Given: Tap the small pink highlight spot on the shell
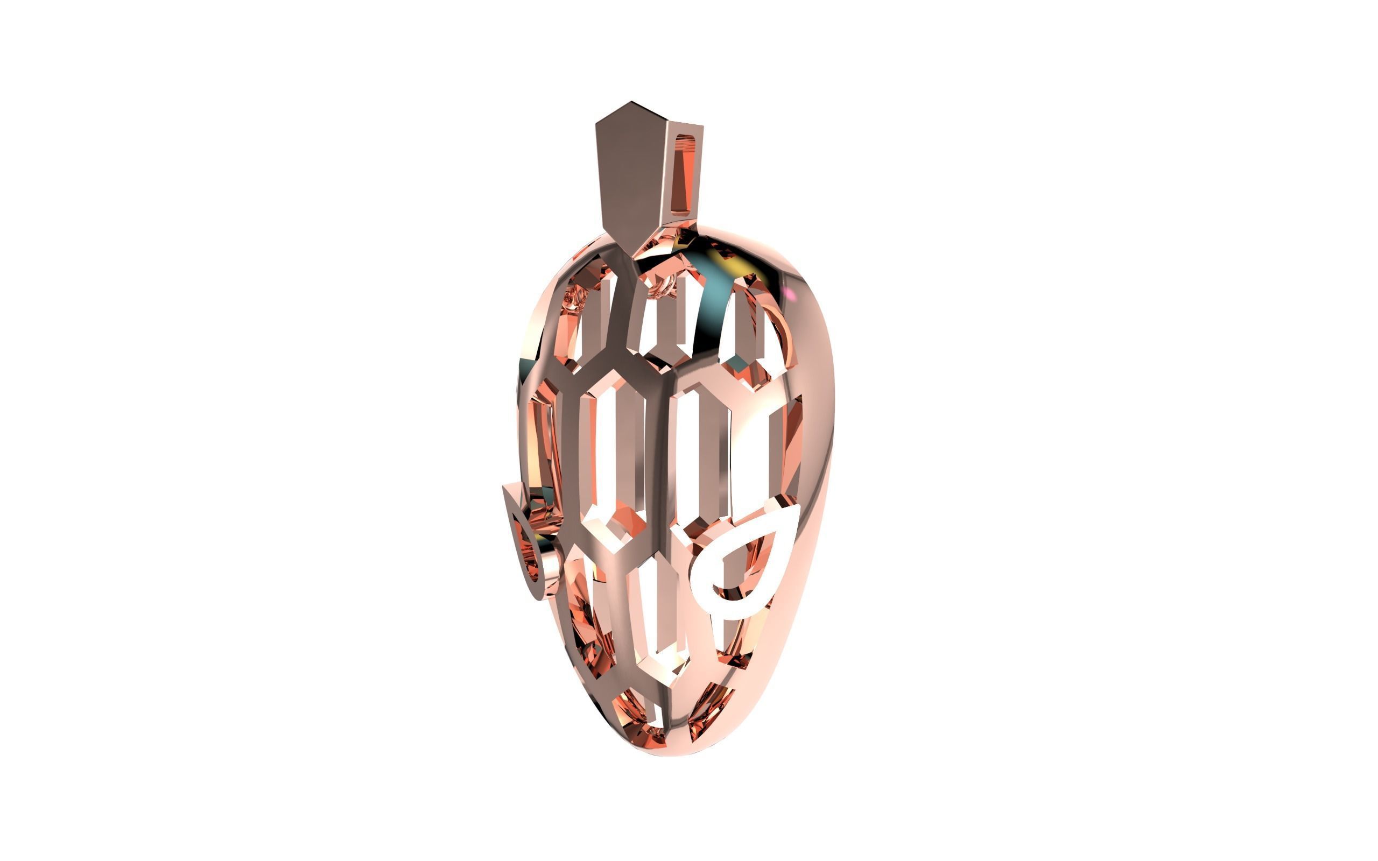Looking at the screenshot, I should (x=790, y=293).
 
